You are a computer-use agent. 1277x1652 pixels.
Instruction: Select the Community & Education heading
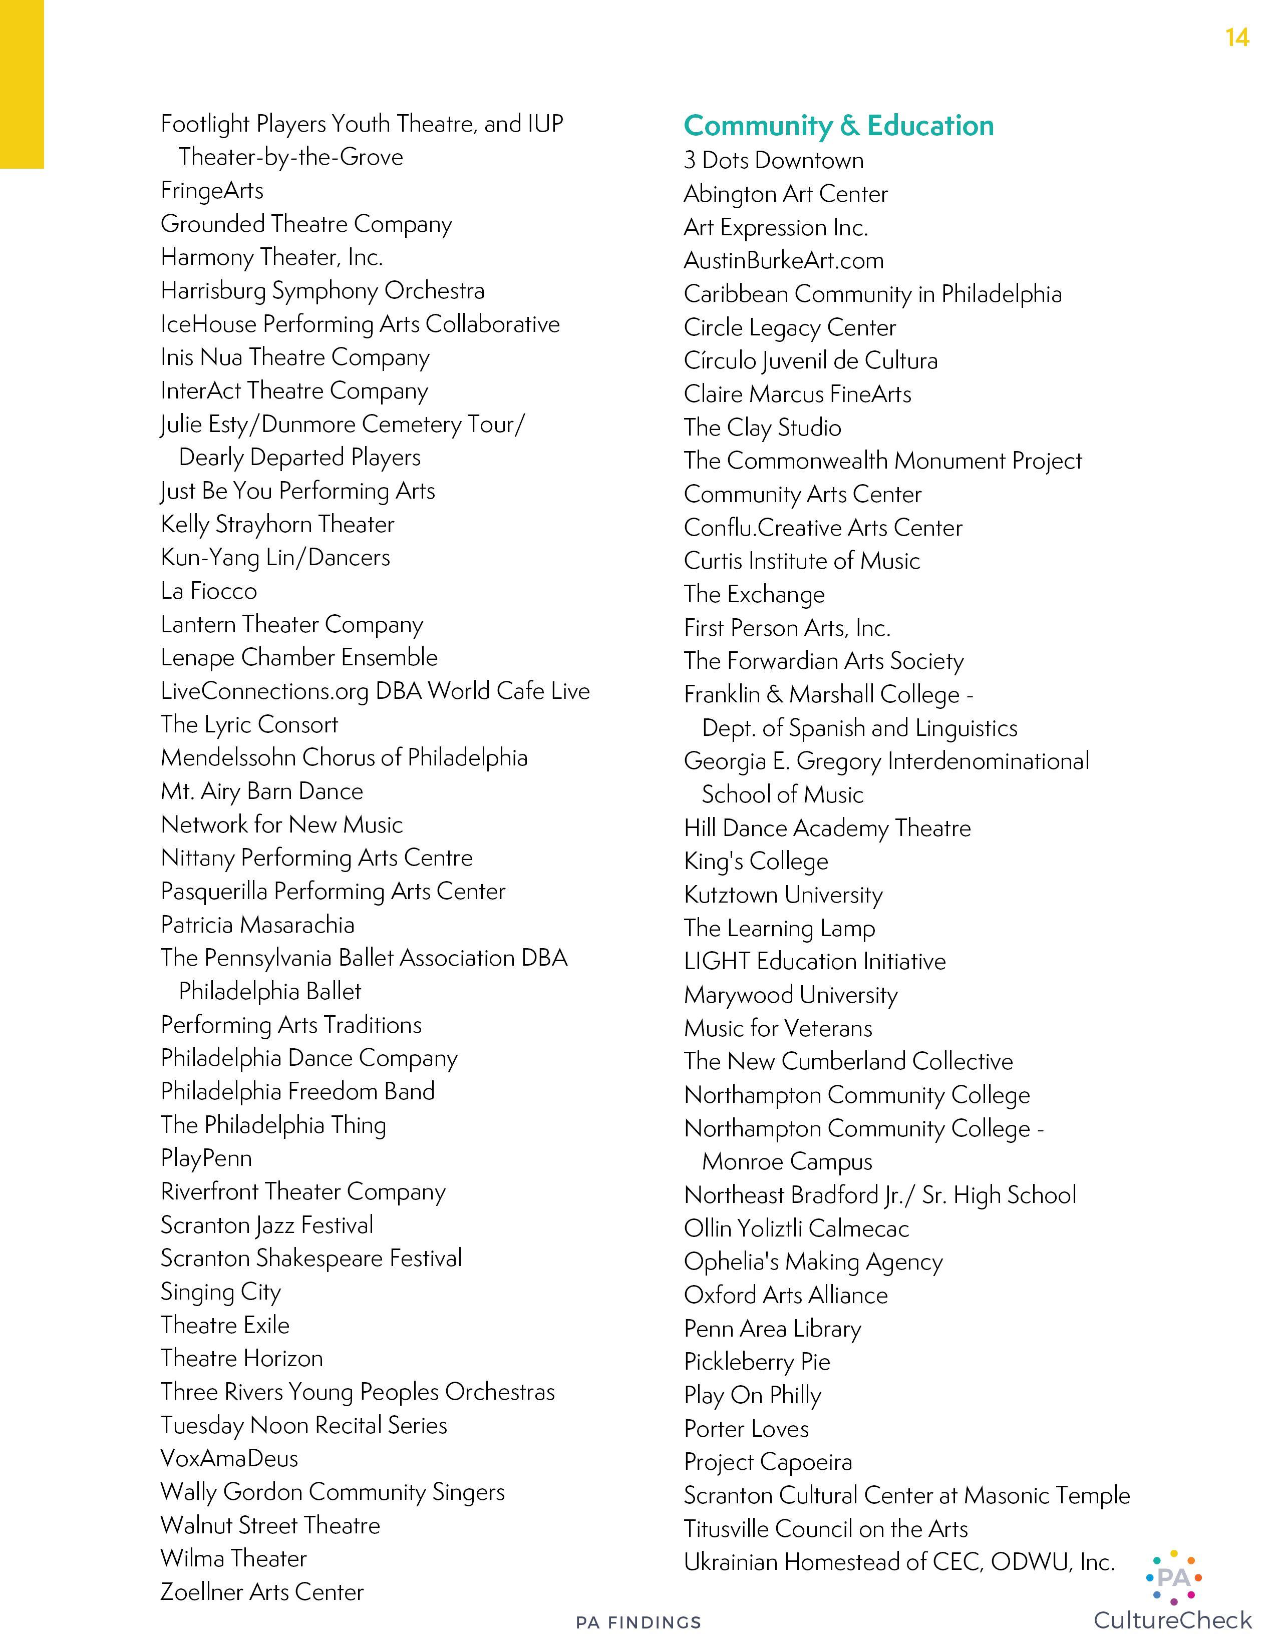pos(838,126)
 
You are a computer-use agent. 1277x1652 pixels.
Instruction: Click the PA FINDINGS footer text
pos(638,1622)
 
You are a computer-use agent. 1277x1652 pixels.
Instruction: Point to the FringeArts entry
pos(212,191)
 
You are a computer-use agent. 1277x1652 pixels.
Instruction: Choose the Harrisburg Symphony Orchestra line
pos(323,290)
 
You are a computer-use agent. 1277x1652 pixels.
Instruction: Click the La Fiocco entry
pos(209,591)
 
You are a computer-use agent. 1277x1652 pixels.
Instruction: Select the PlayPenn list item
pos(206,1158)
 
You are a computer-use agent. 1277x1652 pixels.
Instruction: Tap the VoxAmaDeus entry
pos(229,1458)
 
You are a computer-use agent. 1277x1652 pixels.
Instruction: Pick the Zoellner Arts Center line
pos(262,1591)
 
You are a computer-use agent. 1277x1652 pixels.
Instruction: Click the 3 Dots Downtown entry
pos(773,160)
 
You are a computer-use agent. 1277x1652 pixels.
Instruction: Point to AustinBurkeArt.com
pos(783,261)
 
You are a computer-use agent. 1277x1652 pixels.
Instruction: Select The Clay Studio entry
pos(762,428)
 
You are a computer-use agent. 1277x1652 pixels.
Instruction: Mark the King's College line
pos(756,862)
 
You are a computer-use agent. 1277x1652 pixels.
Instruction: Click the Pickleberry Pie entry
pos(757,1362)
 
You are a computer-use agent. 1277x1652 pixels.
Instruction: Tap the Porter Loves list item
pos(746,1429)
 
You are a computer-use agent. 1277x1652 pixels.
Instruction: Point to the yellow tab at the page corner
pos(21,83)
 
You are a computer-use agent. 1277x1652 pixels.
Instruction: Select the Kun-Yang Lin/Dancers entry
pos(275,558)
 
